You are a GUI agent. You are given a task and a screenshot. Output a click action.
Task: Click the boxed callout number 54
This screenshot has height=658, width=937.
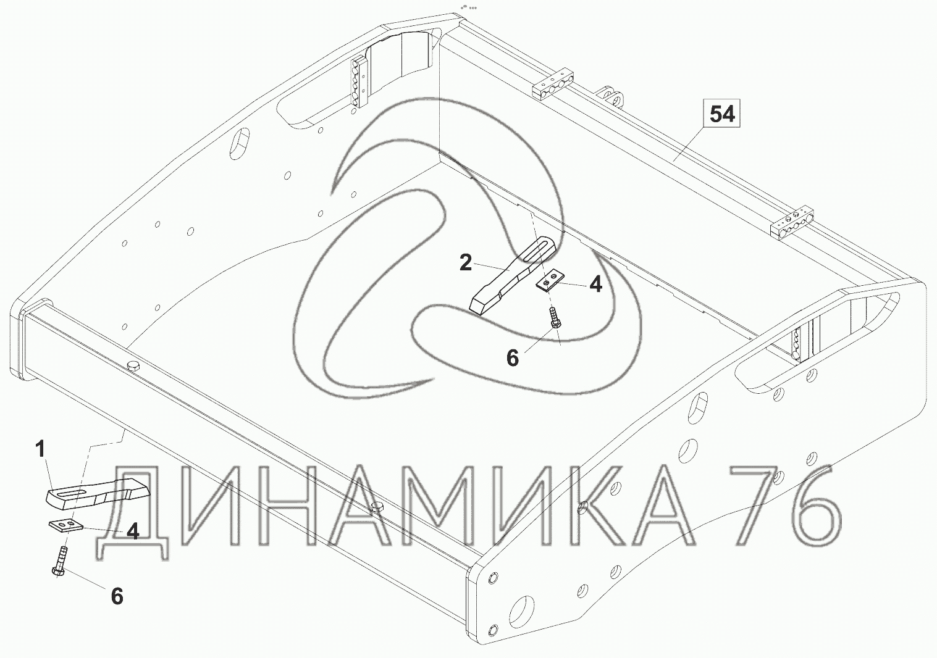tap(723, 115)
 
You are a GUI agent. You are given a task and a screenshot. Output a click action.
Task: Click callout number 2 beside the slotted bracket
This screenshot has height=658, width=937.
tap(465, 262)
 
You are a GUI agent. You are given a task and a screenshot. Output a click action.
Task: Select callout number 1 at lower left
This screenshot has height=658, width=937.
tap(40, 450)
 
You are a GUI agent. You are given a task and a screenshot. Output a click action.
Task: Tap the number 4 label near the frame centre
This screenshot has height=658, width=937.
tap(595, 285)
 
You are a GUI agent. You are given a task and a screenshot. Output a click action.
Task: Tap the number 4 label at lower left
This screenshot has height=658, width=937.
tap(133, 531)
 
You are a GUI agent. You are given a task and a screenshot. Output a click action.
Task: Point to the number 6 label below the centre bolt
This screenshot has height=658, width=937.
tap(513, 358)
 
